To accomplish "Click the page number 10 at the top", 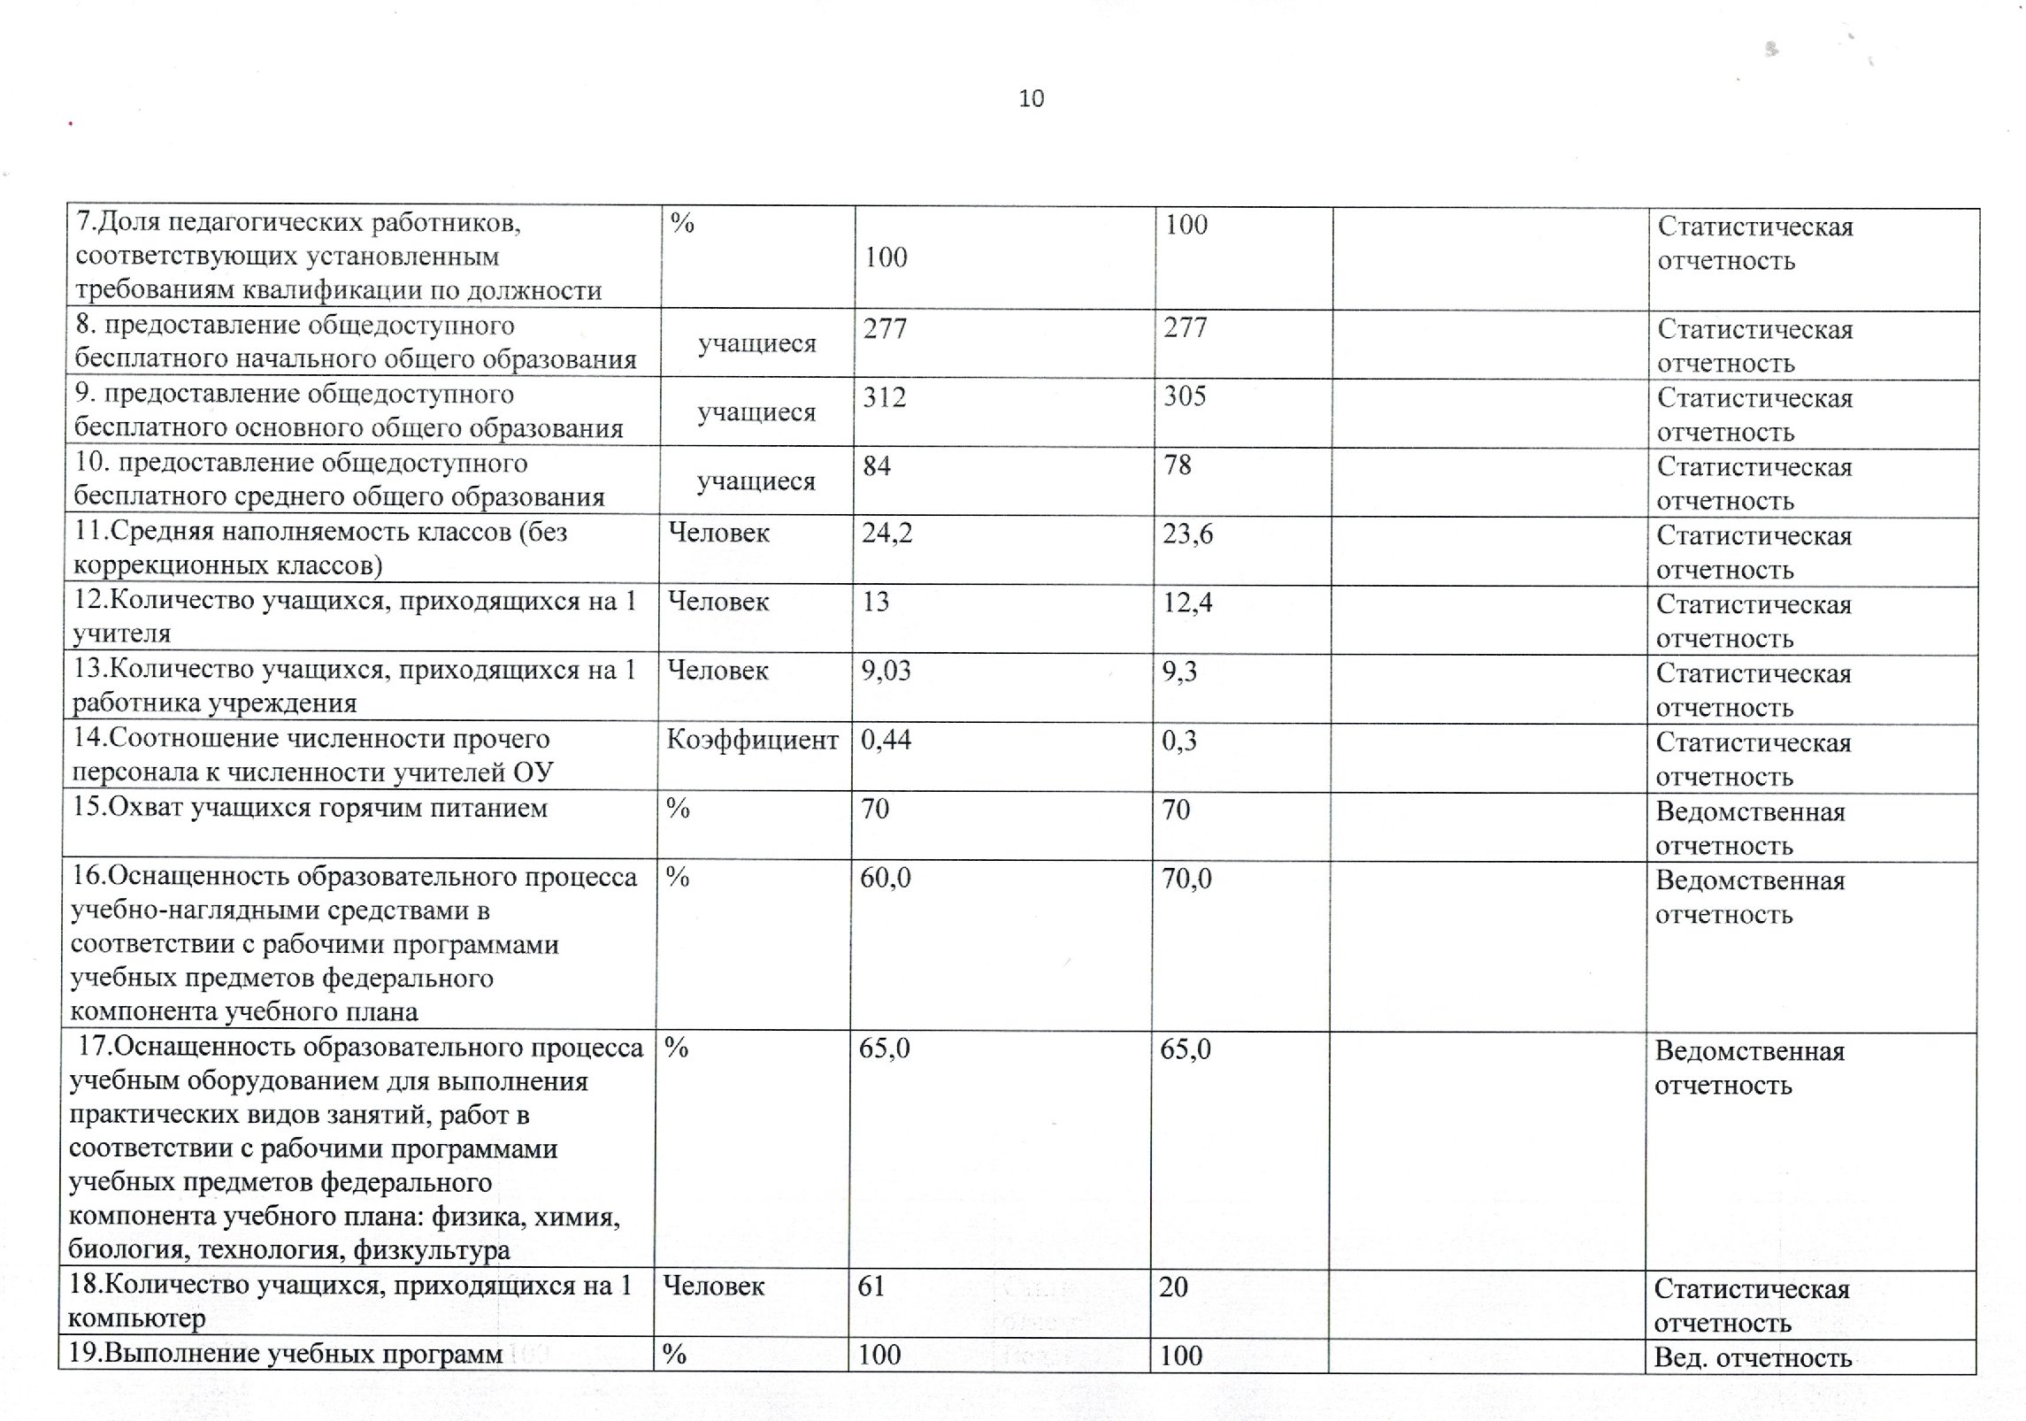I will (x=1032, y=98).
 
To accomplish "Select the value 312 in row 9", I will (x=885, y=397).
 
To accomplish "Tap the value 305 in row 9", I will (x=1185, y=396).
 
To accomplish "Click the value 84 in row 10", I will (x=877, y=465).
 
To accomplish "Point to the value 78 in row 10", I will (x=1178, y=465).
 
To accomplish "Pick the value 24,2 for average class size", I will (x=887, y=534).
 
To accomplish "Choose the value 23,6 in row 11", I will (x=1187, y=534).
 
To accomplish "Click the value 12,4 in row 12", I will (x=1187, y=603).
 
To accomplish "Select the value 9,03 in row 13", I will (x=886, y=672).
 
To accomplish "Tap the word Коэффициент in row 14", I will (x=752, y=740).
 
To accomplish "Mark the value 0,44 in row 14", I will (x=886, y=741).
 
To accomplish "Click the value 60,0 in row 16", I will (x=886, y=878).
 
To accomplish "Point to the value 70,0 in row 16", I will (x=1186, y=879).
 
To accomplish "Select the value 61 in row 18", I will (x=871, y=1286).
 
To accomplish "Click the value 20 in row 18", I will (x=1174, y=1287).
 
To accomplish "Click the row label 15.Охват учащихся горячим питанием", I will (x=310, y=808).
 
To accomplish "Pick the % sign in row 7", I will (x=682, y=223).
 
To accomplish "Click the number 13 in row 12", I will (x=875, y=603).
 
